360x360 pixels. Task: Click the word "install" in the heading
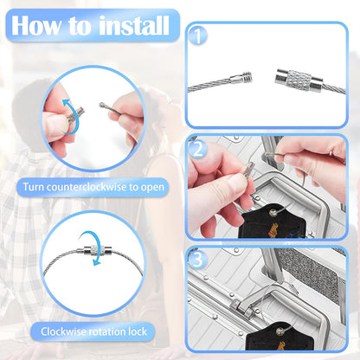134,25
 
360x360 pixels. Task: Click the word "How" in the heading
36,25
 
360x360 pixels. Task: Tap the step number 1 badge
198,35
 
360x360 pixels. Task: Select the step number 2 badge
197,149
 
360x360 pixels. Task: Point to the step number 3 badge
197,260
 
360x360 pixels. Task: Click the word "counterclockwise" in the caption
87,187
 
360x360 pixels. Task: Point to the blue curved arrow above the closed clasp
91,247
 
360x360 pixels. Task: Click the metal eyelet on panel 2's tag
273,213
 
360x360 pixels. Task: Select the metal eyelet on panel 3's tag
280,331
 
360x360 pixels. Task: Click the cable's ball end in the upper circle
101,105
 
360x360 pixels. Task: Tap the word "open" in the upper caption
152,188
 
